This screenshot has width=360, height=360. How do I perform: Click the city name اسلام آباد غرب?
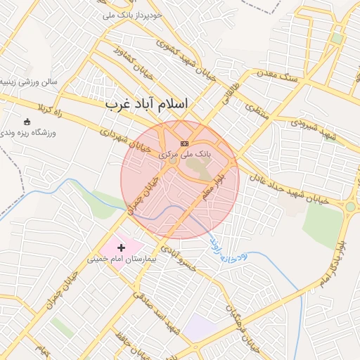point(147,104)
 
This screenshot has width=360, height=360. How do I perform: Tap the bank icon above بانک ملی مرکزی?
point(185,143)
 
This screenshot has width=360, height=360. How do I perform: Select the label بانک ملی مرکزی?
point(185,153)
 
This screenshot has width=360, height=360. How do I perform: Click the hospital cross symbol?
point(122,247)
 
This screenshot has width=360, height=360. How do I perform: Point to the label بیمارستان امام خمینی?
point(115,259)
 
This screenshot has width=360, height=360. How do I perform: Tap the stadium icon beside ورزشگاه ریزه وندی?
point(27,121)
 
